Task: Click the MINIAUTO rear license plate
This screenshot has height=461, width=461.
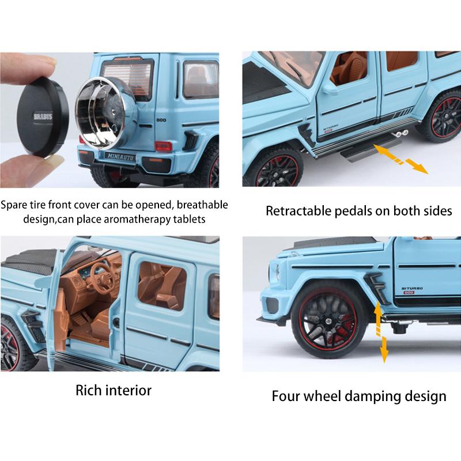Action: (122, 155)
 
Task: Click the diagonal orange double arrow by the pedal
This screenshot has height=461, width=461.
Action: (402, 158)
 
